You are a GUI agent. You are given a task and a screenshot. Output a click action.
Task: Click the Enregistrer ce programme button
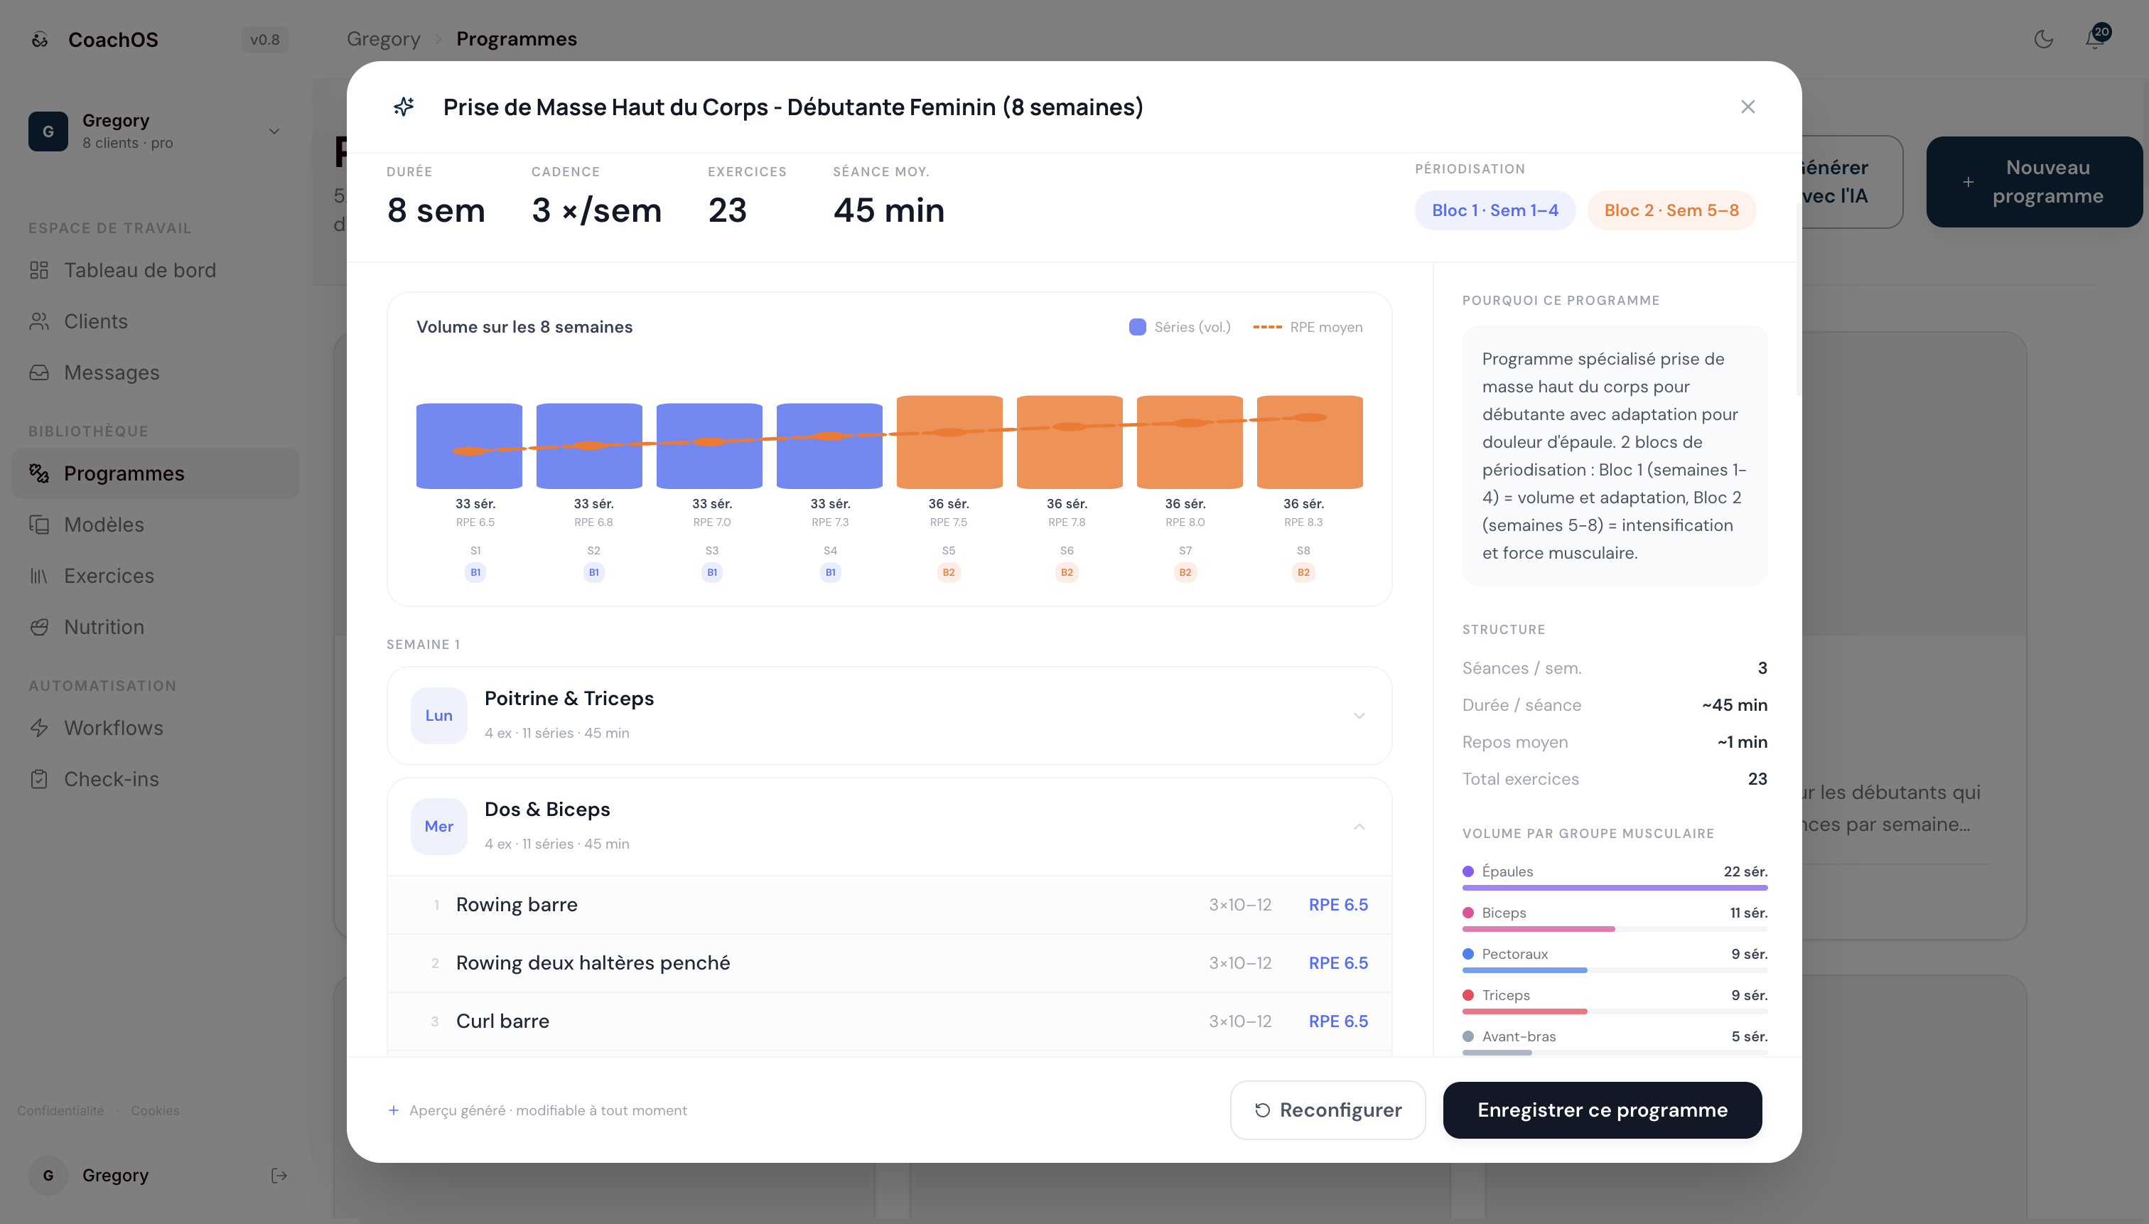coord(1602,1110)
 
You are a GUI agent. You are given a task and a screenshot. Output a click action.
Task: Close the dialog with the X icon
coord(1747,107)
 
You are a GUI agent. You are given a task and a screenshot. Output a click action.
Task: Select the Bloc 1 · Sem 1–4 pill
coord(1494,210)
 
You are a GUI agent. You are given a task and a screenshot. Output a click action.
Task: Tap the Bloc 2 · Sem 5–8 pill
coord(1671,210)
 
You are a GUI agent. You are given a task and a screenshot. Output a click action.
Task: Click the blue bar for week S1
coord(469,446)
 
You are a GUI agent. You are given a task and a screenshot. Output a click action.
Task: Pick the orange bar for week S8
coord(1310,442)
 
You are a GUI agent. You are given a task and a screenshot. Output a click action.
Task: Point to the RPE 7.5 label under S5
coord(948,522)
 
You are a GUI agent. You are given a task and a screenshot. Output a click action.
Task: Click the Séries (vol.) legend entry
coord(1180,327)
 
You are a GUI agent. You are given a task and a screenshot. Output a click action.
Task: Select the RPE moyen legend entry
coord(1308,327)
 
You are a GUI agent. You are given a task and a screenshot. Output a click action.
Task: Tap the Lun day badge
coord(438,715)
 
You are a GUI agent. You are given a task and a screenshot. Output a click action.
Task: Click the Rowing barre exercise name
coord(517,905)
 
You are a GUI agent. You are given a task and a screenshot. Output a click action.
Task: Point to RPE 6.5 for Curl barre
coord(1338,1021)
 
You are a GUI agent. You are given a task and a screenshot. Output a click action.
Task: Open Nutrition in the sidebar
coord(104,627)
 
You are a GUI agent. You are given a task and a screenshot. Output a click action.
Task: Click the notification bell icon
coord(2094,38)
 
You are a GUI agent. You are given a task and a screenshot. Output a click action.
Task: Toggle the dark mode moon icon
coord(2043,38)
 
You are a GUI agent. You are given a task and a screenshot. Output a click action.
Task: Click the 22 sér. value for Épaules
coord(1745,871)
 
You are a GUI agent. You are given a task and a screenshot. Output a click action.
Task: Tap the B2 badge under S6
coord(1067,572)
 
